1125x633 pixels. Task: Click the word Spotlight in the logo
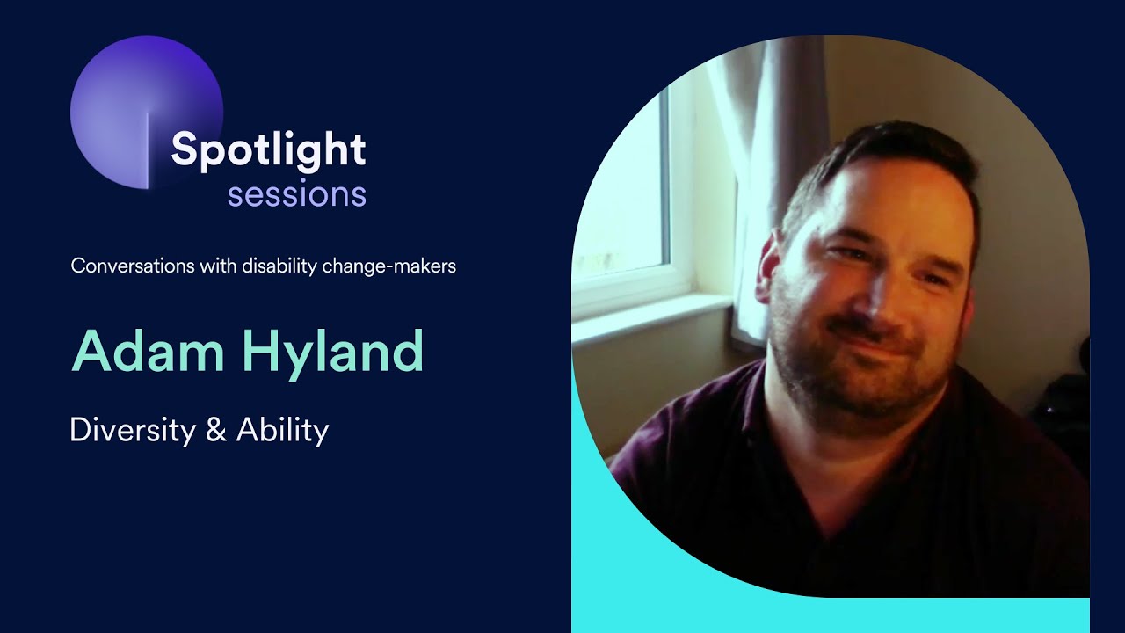click(268, 149)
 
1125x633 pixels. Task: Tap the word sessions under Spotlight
click(296, 194)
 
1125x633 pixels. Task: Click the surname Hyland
click(333, 352)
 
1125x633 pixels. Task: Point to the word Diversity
click(133, 431)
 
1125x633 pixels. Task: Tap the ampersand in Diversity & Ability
click(219, 431)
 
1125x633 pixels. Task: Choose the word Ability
click(282, 431)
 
